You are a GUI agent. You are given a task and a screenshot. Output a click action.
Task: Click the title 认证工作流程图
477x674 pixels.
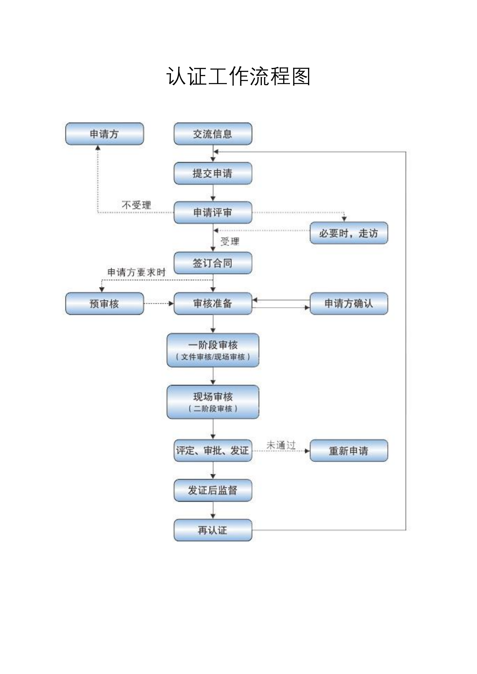[x=238, y=76]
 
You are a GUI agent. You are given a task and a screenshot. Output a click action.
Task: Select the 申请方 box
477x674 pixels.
[x=105, y=134]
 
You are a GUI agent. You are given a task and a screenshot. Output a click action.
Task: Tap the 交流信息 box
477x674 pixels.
[x=213, y=134]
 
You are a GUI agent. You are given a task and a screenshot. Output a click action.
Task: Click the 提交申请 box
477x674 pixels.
[x=213, y=173]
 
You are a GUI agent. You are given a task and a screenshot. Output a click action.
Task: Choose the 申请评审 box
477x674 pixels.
[x=213, y=213]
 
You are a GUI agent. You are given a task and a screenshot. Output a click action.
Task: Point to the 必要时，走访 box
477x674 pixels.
[x=349, y=233]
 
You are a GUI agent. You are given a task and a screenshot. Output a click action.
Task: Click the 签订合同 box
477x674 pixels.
[x=213, y=263]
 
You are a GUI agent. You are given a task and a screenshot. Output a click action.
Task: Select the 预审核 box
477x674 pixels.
[x=105, y=303]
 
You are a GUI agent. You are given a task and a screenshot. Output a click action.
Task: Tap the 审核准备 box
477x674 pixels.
[x=213, y=303]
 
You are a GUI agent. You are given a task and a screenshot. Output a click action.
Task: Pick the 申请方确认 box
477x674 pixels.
[x=349, y=303]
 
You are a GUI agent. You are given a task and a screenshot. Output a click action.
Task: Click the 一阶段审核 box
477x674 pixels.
[x=213, y=350]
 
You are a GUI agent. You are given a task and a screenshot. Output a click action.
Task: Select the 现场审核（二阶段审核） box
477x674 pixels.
[x=213, y=402]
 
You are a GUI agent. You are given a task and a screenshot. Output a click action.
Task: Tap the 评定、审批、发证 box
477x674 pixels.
[x=213, y=450]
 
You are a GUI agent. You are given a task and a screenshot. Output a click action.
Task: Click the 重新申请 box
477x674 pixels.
[x=349, y=451]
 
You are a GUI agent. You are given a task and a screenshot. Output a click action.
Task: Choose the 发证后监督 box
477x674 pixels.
[x=213, y=490]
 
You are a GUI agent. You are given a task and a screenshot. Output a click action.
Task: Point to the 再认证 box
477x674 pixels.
[x=213, y=530]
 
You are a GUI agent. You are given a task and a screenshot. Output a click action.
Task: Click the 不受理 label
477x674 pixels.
[x=136, y=205]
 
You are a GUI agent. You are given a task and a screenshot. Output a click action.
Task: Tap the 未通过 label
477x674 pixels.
[x=281, y=445]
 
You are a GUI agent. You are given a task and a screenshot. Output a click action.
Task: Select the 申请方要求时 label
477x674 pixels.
[x=136, y=272]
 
